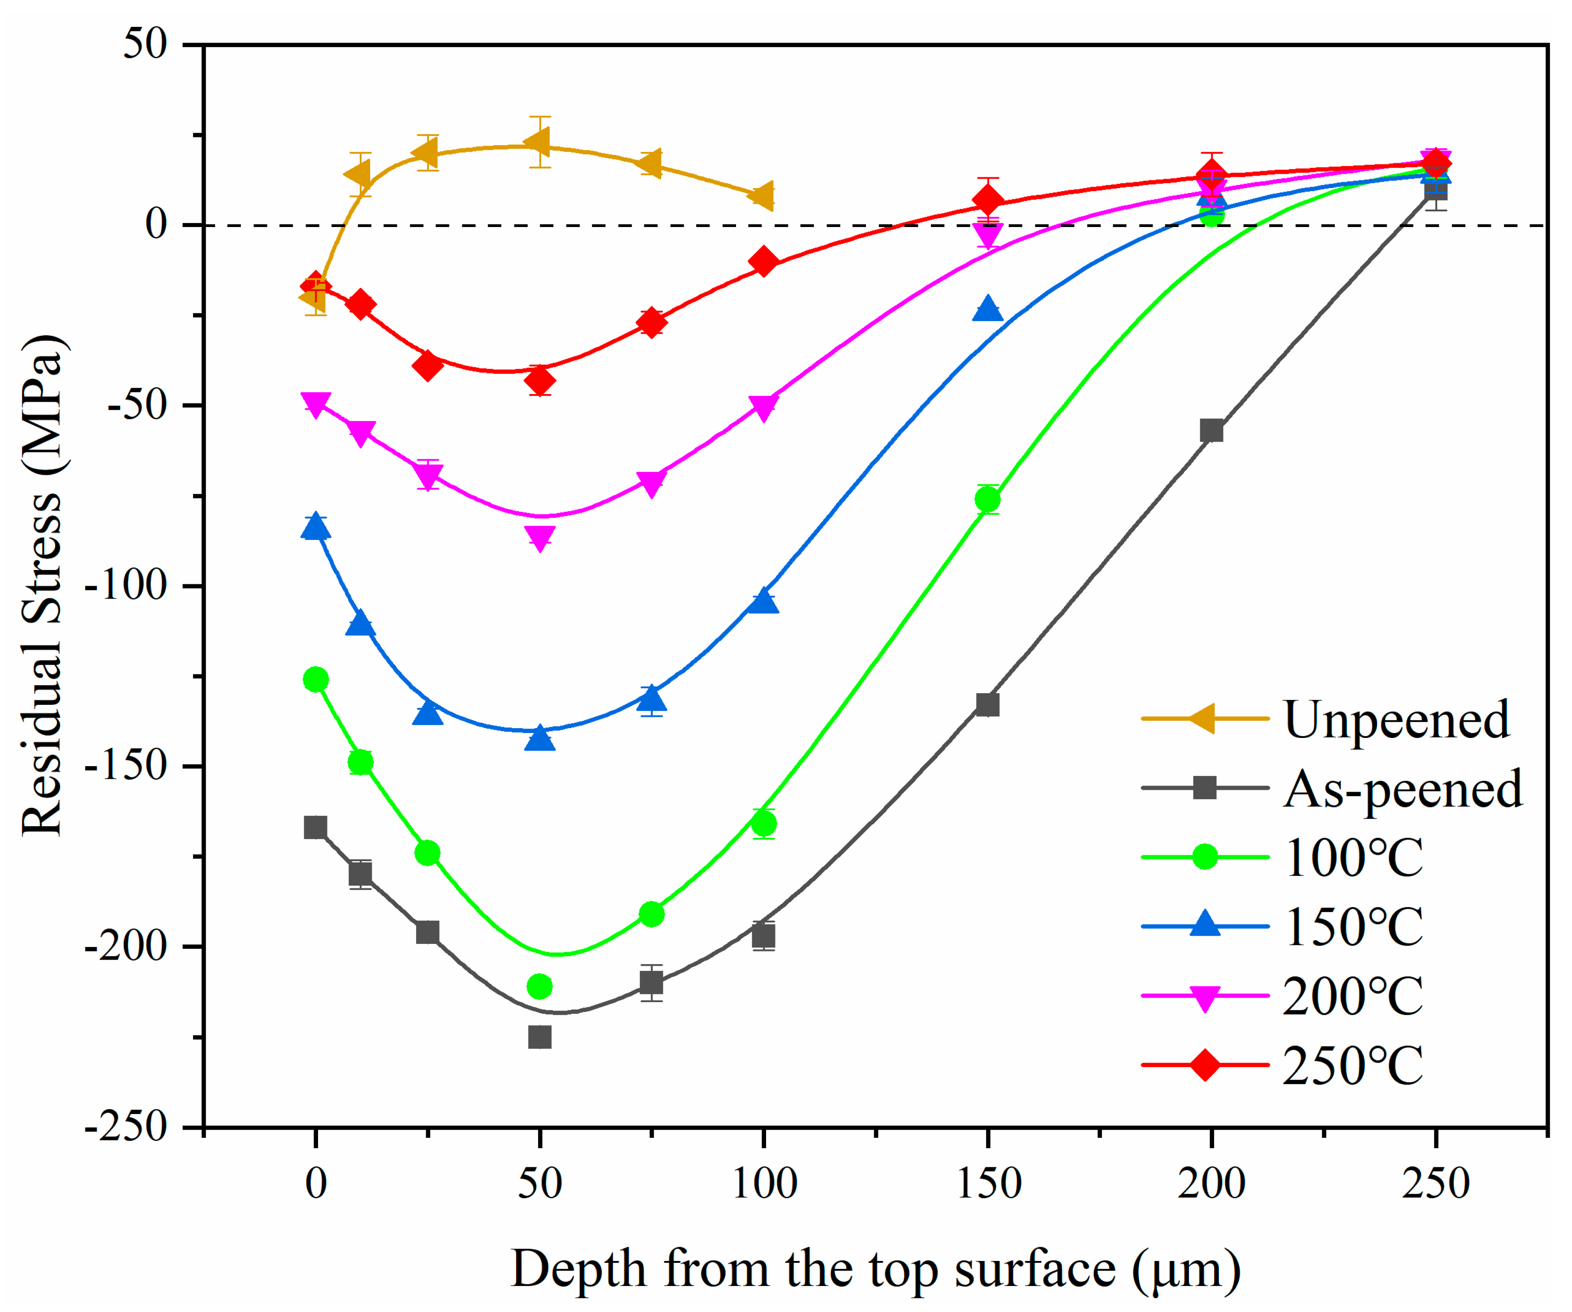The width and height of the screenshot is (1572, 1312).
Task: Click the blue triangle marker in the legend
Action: coord(1205,925)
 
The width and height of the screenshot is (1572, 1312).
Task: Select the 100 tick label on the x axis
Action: coord(763,1184)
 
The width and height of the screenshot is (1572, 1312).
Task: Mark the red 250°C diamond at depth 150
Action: coord(987,201)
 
